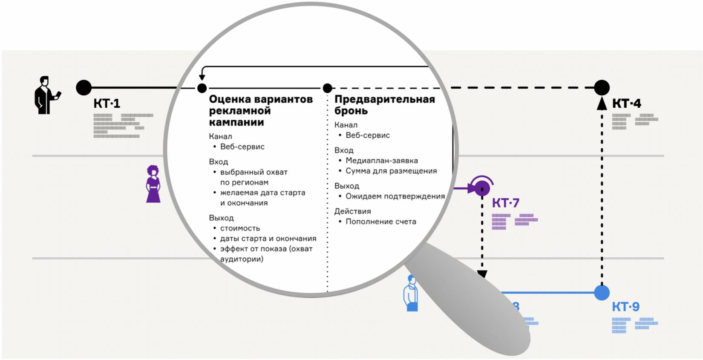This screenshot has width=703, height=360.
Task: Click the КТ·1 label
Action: point(107,104)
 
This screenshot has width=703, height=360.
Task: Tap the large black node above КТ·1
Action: point(84,87)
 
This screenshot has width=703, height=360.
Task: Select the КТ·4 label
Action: point(626,104)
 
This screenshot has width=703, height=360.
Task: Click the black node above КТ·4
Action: point(602,87)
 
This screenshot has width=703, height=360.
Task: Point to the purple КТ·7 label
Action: point(506,203)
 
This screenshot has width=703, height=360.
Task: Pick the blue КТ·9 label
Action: point(625,307)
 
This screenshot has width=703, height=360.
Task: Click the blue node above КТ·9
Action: point(602,293)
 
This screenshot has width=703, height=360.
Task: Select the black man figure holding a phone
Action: point(46,95)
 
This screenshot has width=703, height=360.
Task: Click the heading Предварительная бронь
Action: point(384,105)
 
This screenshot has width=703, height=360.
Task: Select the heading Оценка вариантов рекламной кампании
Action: point(261,111)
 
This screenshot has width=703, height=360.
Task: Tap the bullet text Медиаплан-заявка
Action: point(381,161)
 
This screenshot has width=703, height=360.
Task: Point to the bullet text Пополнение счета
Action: point(380,222)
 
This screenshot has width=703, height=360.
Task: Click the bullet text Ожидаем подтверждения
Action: point(395,196)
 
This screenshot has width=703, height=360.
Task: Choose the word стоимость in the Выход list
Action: point(240,228)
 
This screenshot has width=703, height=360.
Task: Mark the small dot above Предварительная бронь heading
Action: point(327,88)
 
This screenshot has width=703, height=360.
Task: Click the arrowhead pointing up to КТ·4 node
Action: point(602,104)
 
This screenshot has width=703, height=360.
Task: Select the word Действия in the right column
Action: point(352,211)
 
